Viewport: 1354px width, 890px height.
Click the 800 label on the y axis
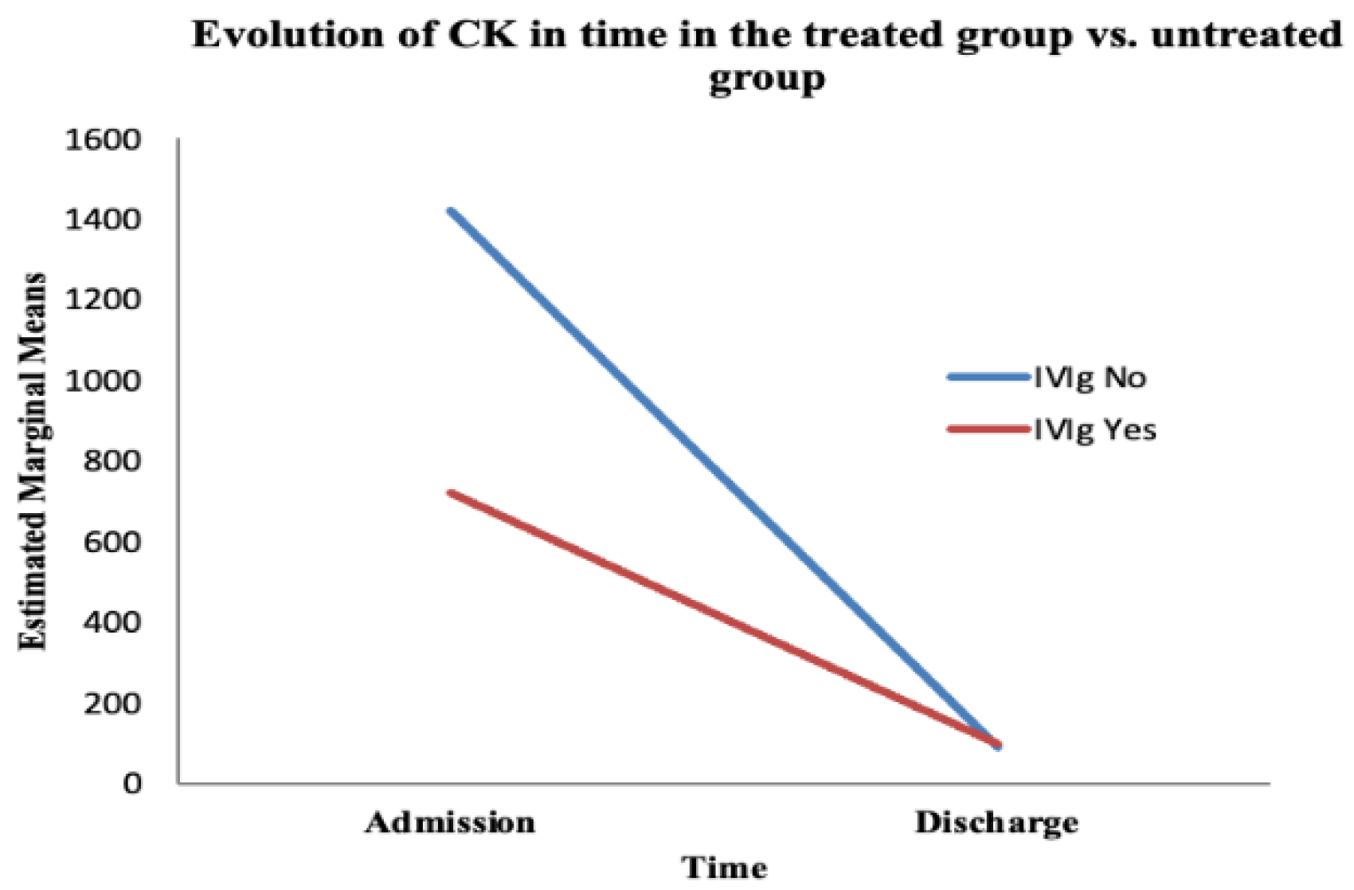[112, 462]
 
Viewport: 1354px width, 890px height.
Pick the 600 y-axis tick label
[112, 543]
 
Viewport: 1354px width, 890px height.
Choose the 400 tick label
[112, 623]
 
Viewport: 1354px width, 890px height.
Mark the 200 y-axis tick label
[112, 704]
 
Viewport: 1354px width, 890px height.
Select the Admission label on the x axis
[451, 822]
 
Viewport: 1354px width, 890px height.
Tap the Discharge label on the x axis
[996, 822]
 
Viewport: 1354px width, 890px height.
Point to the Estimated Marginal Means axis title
[33, 461]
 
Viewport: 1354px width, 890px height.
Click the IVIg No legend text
[1090, 377]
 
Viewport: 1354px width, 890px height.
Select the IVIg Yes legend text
[1094, 430]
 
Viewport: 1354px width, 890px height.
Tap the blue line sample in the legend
[988, 377]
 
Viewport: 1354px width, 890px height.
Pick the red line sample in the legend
[988, 429]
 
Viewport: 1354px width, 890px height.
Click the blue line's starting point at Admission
[452, 211]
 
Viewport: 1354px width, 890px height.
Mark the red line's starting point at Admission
[452, 493]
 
